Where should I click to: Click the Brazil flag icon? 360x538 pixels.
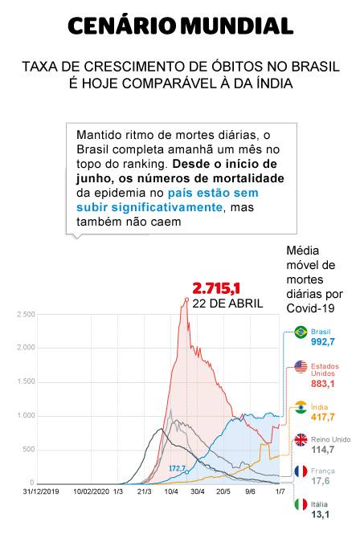[x=301, y=332]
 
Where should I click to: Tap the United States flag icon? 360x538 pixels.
[x=301, y=367]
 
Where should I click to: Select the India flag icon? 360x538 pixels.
[x=301, y=407]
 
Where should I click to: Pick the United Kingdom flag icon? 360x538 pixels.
[x=301, y=439]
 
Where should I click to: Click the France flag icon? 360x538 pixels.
[x=301, y=471]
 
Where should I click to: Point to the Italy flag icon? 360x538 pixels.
[x=301, y=504]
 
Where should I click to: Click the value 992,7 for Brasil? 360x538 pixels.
[x=322, y=342]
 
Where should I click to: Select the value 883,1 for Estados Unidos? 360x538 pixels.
[x=322, y=384]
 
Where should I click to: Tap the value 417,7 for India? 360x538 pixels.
[x=322, y=418]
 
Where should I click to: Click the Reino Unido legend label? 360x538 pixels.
[x=330, y=439]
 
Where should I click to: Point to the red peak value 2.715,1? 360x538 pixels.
[x=215, y=288]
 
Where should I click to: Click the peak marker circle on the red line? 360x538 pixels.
[x=186, y=300]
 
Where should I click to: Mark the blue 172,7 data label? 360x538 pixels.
[x=178, y=468]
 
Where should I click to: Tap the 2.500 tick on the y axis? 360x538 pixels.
[x=26, y=314]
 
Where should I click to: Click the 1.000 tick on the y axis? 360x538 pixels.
[x=26, y=415]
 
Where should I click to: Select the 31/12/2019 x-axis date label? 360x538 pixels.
[x=41, y=491]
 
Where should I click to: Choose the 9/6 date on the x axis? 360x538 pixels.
[x=250, y=491]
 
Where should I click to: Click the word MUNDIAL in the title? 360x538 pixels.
[x=237, y=26]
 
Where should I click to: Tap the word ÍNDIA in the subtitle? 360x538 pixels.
[x=275, y=83]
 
